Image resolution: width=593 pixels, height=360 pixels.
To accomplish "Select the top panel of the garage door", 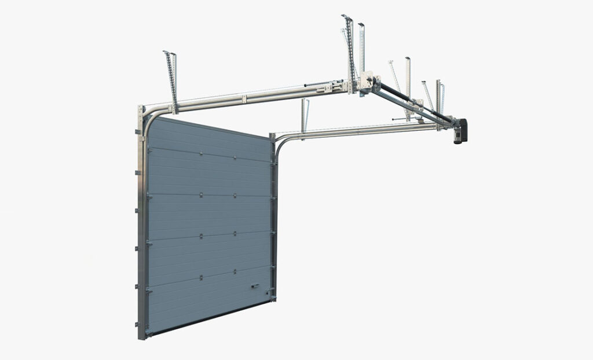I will pos(208,139).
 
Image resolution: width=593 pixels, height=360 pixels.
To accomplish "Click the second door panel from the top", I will pos(208,174).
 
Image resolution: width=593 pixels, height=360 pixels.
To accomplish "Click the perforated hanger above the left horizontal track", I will pos(170,75).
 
